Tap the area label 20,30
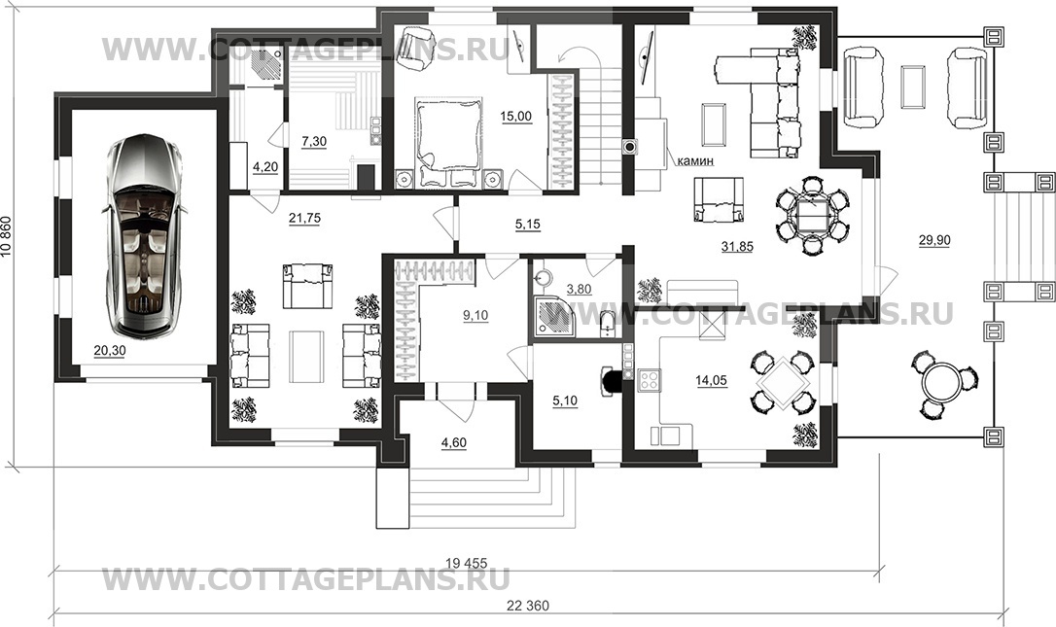109,351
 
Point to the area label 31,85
737,247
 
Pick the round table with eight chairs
812,215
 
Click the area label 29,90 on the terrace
934,240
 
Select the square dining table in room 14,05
783,381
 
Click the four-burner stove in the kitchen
649,380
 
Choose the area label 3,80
579,290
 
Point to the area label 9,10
475,315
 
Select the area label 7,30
314,141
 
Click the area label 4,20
265,167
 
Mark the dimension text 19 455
466,563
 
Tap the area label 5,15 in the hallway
528,225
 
